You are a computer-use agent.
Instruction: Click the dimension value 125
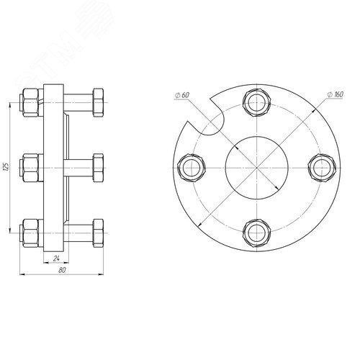(x=6, y=168)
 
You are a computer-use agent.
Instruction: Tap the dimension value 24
(x=56, y=258)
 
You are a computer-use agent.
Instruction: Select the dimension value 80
(x=62, y=270)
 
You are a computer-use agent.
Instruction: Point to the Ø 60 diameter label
(x=182, y=95)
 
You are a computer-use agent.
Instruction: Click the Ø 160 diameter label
(x=336, y=94)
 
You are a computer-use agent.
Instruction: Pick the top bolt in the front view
(x=256, y=103)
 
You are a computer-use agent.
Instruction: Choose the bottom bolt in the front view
(x=256, y=233)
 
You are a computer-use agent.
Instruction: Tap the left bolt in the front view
(x=192, y=168)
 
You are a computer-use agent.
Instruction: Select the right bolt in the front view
(x=322, y=168)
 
